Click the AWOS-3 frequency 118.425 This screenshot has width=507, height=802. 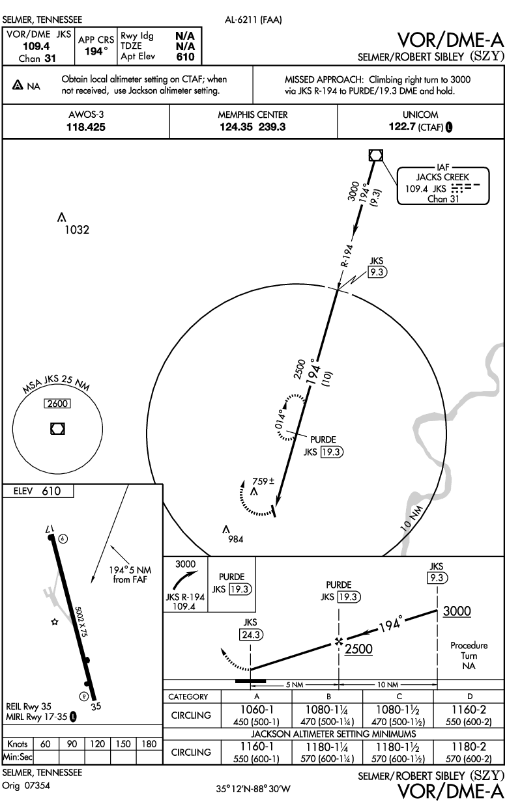click(x=86, y=128)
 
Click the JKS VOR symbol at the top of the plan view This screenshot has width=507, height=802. click(x=375, y=155)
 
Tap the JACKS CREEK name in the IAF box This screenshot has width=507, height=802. click(x=443, y=176)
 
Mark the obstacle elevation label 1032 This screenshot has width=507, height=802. click(x=76, y=230)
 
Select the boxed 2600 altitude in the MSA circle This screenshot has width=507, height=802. click(x=56, y=404)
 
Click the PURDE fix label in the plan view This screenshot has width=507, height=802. click(x=323, y=439)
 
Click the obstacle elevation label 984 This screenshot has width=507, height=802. click(x=235, y=539)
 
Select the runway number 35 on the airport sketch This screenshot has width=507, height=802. click(x=96, y=705)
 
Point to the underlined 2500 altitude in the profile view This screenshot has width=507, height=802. click(x=360, y=649)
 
